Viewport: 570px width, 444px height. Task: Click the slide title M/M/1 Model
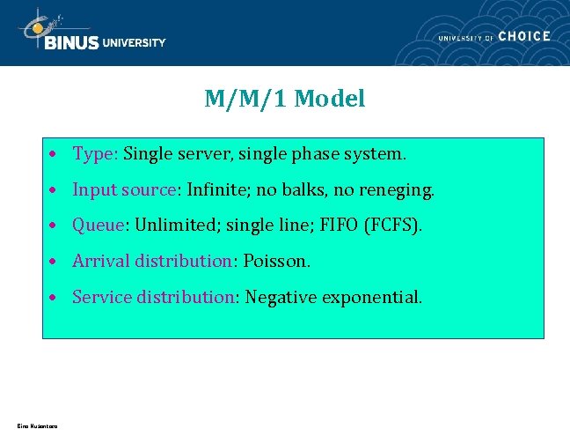click(x=284, y=100)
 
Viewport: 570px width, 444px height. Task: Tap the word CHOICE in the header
click(x=523, y=36)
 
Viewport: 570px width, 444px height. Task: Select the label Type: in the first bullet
click(x=95, y=154)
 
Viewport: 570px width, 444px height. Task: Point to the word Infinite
click(x=218, y=189)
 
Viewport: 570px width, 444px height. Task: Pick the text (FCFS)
click(x=391, y=226)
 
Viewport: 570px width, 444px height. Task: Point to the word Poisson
click(x=277, y=262)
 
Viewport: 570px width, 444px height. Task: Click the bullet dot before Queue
click(x=55, y=226)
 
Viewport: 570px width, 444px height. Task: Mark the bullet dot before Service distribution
click(x=55, y=299)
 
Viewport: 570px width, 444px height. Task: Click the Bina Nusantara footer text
click(x=36, y=427)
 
